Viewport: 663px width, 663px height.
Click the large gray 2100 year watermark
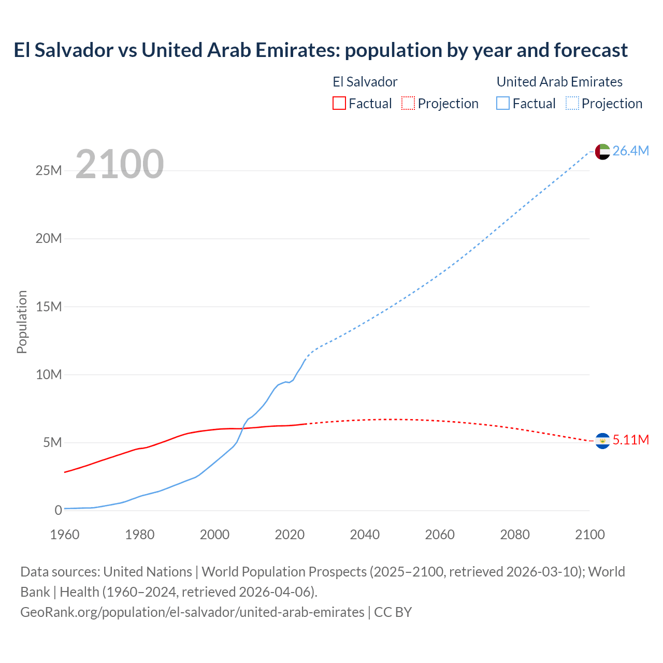pyautogui.click(x=120, y=164)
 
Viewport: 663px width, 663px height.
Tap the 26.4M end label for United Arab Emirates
pyautogui.click(x=630, y=151)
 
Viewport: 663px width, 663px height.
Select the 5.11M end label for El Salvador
pyautogui.click(x=630, y=440)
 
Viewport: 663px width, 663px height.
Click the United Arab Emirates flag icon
pyautogui.click(x=602, y=151)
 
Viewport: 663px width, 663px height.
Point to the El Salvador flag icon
pyautogui.click(x=602, y=440)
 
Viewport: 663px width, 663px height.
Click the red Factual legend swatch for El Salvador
pyautogui.click(x=339, y=104)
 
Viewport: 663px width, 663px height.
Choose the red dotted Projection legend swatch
pyautogui.click(x=408, y=104)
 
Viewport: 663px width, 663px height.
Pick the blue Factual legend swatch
pyautogui.click(x=503, y=104)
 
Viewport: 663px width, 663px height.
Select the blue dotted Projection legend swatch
pyautogui.click(x=572, y=104)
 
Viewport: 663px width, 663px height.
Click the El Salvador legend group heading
pyautogui.click(x=365, y=82)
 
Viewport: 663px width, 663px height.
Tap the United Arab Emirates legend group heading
pyautogui.click(x=559, y=82)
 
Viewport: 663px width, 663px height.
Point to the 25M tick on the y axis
pyautogui.click(x=49, y=170)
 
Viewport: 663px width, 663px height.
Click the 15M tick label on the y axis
pyautogui.click(x=49, y=307)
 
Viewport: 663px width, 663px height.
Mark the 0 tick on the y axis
pyautogui.click(x=58, y=510)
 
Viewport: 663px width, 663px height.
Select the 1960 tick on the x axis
pyautogui.click(x=65, y=535)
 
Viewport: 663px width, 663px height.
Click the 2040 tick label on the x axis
pyautogui.click(x=365, y=535)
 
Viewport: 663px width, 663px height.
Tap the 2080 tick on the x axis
pyautogui.click(x=515, y=535)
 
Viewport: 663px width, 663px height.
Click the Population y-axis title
pyautogui.click(x=22, y=322)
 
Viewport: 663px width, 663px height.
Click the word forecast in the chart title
pyautogui.click(x=590, y=50)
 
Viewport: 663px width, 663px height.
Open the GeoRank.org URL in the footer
pyautogui.click(x=192, y=612)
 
